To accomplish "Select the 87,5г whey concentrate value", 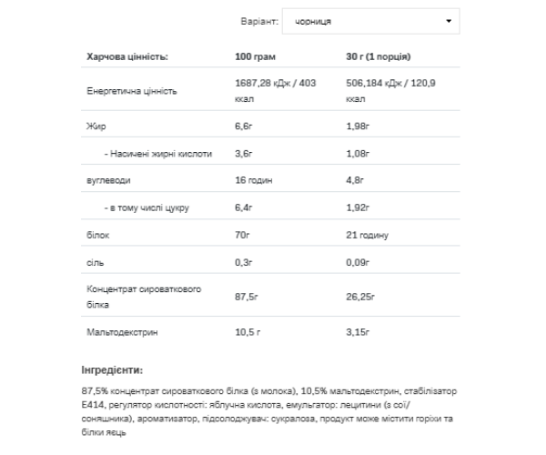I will [x=248, y=297].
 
